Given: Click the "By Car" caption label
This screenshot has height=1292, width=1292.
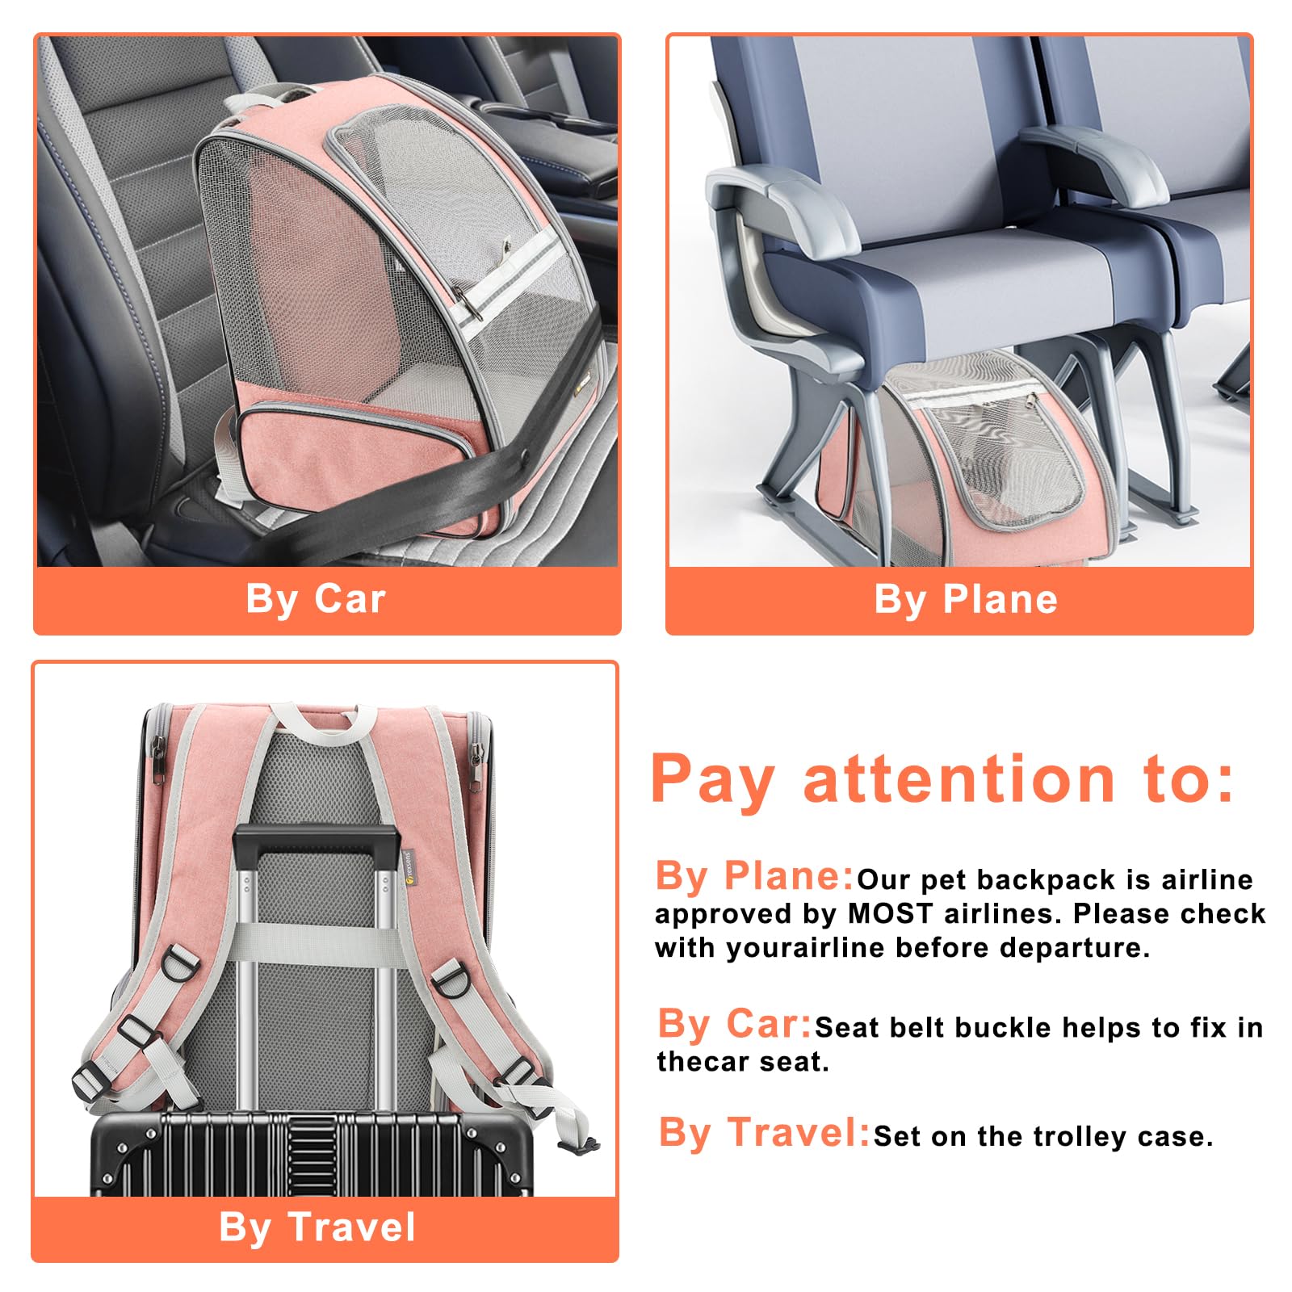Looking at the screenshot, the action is tap(316, 600).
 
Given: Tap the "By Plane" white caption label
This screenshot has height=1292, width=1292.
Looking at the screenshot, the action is tap(966, 600).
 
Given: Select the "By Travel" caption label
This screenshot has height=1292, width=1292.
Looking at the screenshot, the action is tap(317, 1227).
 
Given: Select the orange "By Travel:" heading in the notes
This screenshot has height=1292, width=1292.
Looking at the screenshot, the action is tap(765, 1132).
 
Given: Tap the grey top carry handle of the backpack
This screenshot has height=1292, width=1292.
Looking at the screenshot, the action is tap(324, 721).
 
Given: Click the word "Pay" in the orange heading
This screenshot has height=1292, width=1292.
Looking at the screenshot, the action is tap(712, 781).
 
